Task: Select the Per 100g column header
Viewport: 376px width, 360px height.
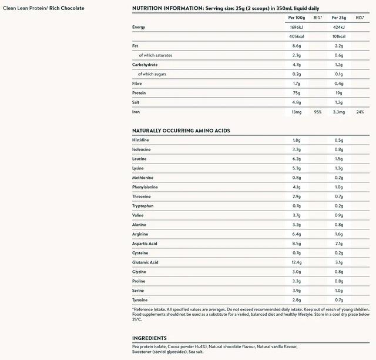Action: (296, 18)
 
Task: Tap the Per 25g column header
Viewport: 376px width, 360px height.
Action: (339, 18)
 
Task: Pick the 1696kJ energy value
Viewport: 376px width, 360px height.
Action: (296, 27)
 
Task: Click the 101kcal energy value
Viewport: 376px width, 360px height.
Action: (339, 36)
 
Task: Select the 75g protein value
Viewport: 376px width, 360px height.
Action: (296, 93)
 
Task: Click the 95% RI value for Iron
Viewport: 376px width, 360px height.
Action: (317, 112)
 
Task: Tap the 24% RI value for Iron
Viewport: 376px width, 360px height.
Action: (360, 112)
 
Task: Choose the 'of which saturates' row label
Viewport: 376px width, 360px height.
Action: (156, 55)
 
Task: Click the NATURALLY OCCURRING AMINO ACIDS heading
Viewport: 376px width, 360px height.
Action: (181, 130)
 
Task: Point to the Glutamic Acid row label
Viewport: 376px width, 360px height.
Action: (145, 262)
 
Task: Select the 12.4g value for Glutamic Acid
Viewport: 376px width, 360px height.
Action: (296, 262)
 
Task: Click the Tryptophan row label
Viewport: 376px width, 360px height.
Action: (143, 206)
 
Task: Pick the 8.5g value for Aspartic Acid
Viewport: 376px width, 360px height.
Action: (296, 244)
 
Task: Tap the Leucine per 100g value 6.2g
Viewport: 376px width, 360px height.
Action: (296, 159)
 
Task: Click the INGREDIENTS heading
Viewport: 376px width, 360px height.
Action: (150, 338)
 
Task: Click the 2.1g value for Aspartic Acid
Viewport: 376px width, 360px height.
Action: (339, 244)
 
